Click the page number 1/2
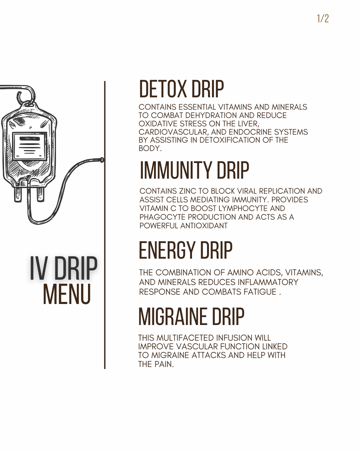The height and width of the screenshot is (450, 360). (322, 18)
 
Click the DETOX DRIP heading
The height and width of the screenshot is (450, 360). (181, 89)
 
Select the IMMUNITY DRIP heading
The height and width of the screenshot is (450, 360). (194, 170)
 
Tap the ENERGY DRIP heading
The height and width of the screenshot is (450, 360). (185, 251)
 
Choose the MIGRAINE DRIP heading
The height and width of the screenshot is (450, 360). (191, 317)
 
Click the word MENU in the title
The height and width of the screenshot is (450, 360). (67, 294)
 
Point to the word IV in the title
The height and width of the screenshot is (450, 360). (38, 269)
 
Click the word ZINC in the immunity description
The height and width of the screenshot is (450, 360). (188, 191)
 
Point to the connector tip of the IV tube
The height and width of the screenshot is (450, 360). (102, 160)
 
